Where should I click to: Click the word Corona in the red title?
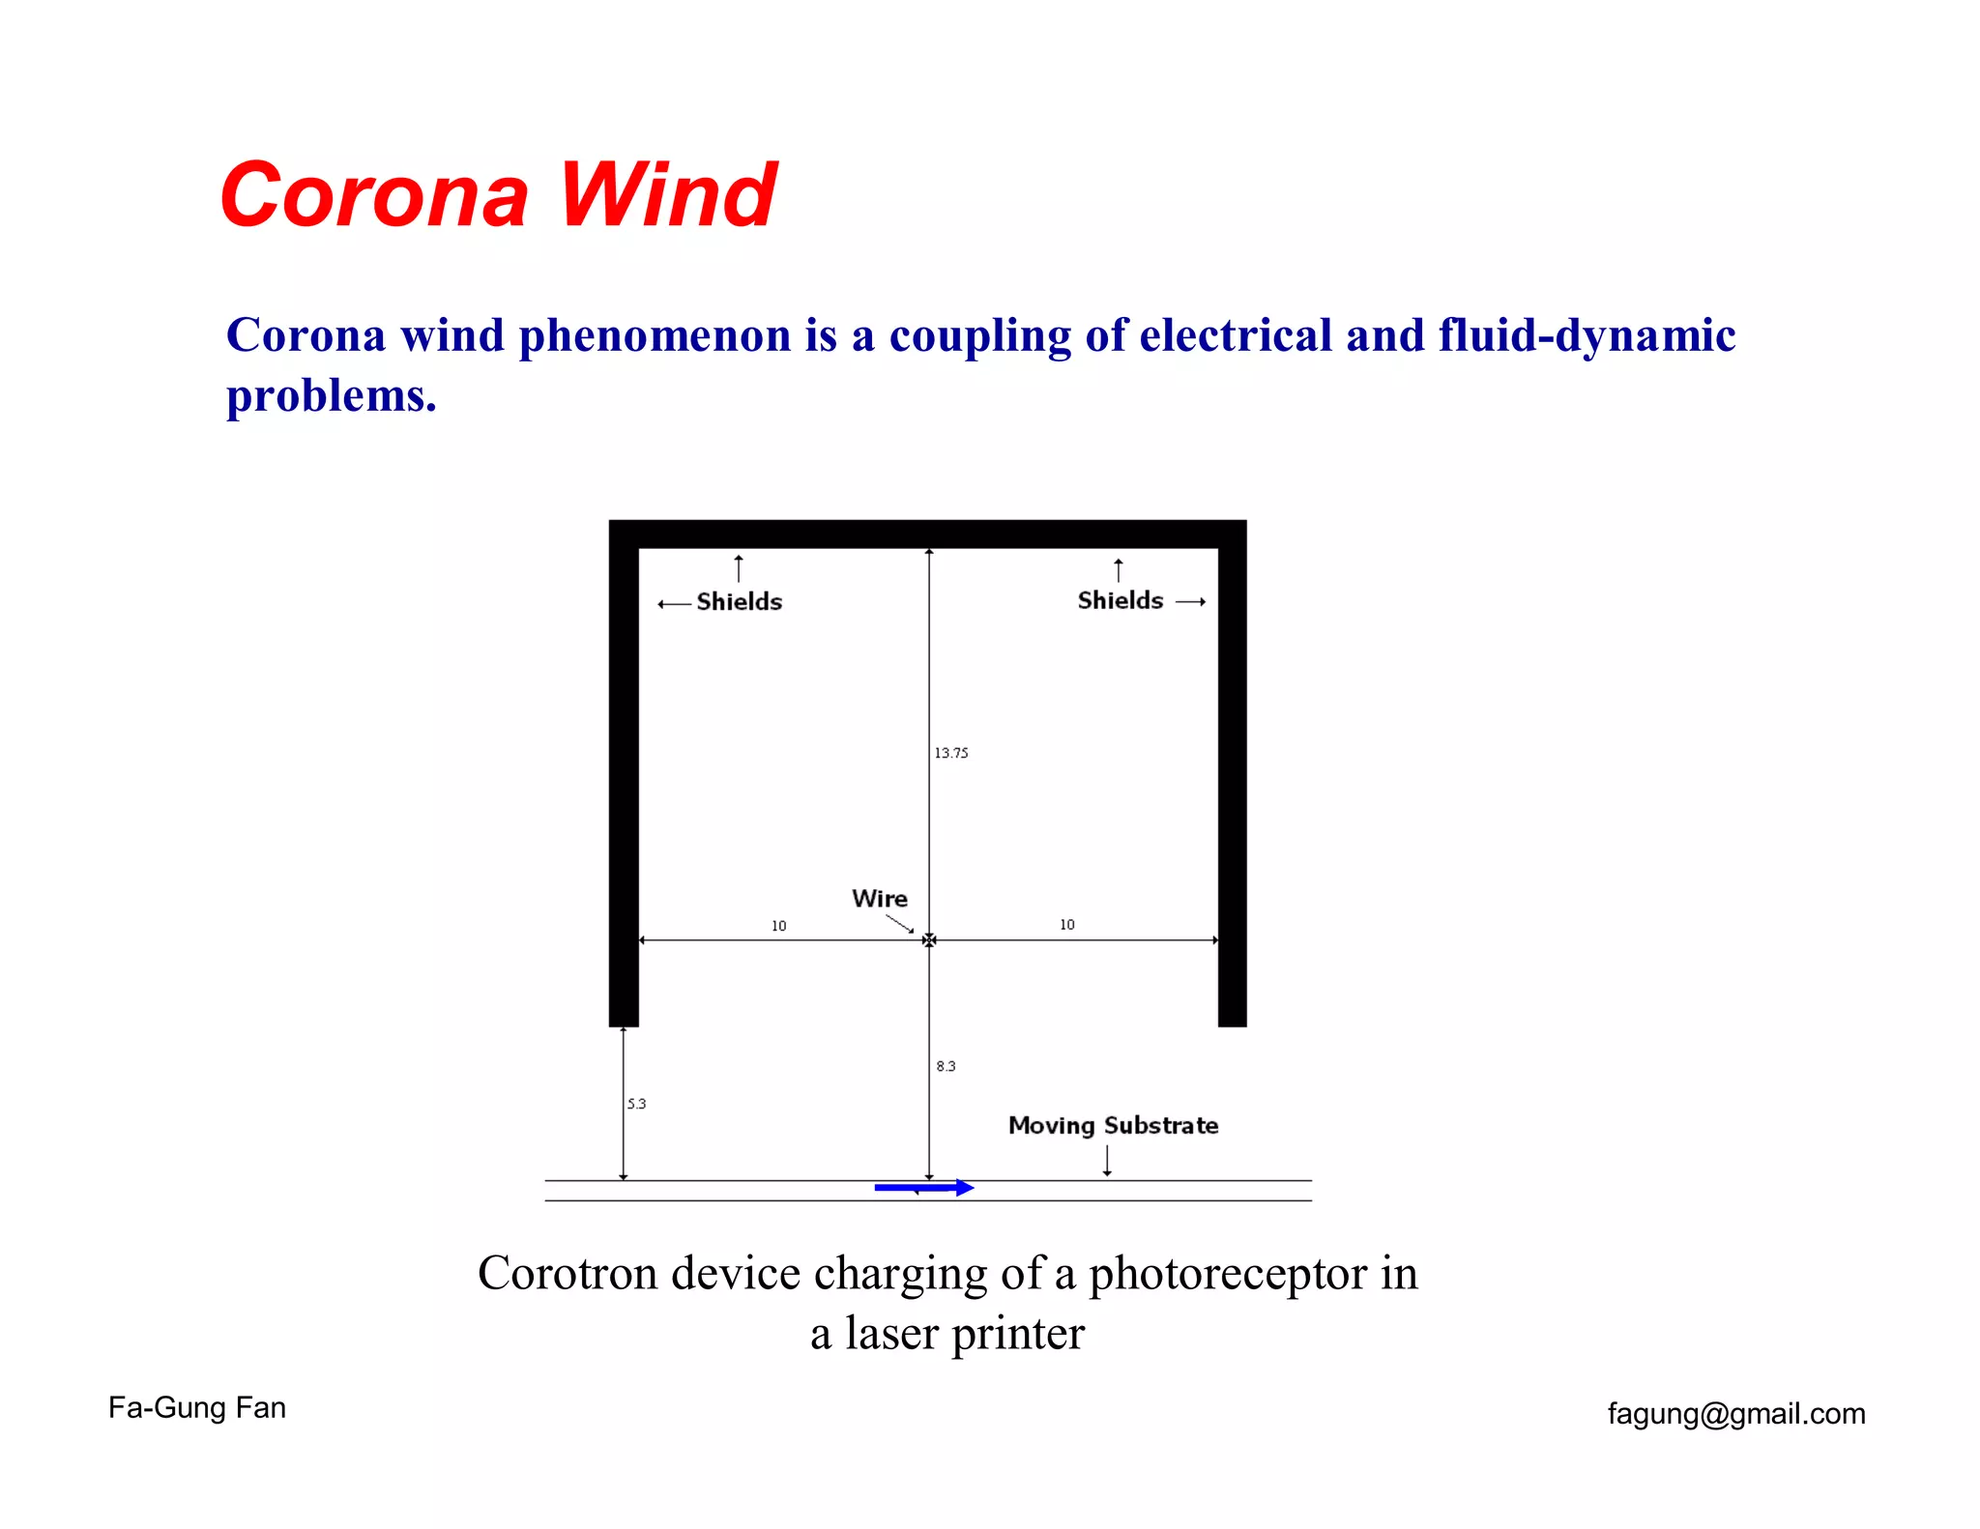pos(374,195)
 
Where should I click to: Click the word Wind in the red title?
pos(667,195)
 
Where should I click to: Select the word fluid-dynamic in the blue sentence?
pos(1587,335)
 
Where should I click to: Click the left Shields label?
pos(739,601)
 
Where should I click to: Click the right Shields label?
pos(1120,600)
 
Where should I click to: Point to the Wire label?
pos(879,899)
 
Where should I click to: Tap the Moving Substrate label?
pos(1113,1125)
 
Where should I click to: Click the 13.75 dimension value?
pos(950,753)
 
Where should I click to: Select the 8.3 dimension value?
pos(946,1066)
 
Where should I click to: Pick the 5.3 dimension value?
pos(636,1104)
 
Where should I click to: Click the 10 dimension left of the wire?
pos(778,926)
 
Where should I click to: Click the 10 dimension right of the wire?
pos(1066,925)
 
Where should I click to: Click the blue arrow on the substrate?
pos(923,1188)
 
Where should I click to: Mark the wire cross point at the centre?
pos(929,939)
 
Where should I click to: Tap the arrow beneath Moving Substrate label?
pos(1107,1161)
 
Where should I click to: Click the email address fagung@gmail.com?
pos(1736,1414)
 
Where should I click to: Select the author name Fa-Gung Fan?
pos(197,1407)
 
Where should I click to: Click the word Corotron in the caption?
pos(568,1273)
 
